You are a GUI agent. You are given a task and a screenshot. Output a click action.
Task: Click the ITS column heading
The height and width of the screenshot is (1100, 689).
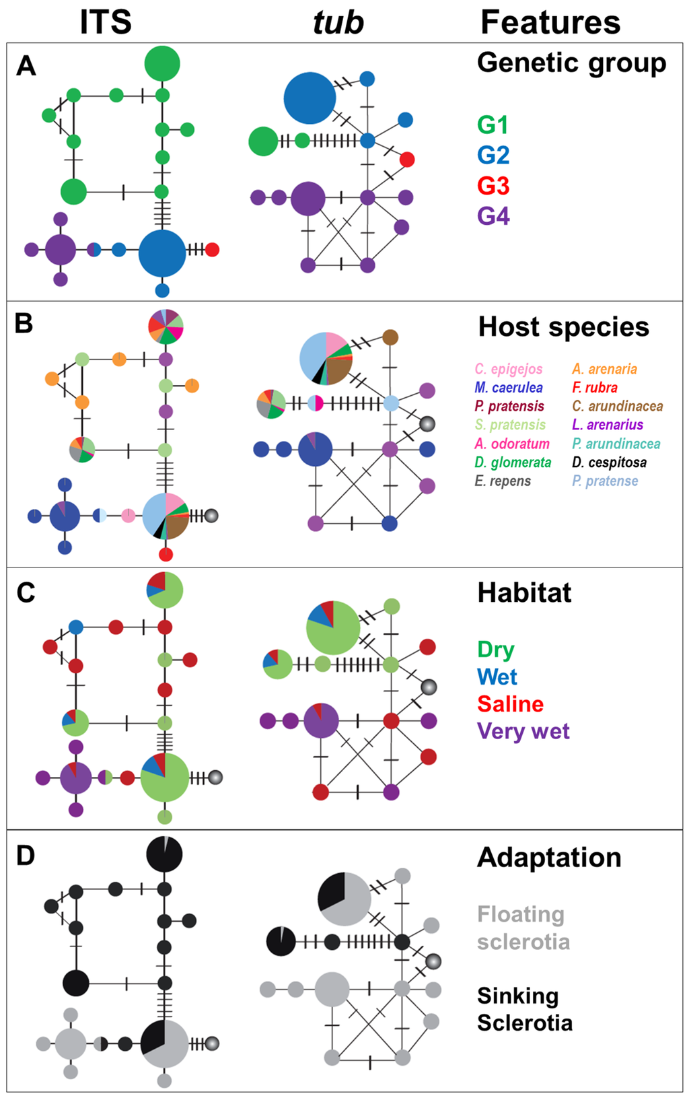106,22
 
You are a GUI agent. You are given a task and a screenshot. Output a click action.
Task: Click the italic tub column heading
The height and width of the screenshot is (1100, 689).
338,22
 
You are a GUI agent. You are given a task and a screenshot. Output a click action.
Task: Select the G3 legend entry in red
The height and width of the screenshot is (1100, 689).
493,185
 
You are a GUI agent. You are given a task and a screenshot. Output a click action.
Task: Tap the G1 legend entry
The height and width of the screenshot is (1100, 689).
493,125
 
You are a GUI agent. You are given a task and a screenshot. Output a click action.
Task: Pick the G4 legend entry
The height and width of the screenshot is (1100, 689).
493,215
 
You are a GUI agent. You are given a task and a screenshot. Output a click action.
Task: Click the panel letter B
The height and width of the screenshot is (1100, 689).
24,324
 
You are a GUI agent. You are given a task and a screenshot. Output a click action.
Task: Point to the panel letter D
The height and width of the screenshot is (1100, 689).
25,856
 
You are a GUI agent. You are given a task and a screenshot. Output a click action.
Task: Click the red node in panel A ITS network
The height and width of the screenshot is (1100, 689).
212,250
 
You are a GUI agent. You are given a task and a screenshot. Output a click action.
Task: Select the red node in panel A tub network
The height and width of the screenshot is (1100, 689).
407,160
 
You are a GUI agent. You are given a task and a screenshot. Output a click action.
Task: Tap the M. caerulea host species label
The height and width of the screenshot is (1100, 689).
509,388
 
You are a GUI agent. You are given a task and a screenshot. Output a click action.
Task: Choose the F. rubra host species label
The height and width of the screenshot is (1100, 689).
595,388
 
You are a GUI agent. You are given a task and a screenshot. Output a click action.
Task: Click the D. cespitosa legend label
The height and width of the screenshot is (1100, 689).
610,462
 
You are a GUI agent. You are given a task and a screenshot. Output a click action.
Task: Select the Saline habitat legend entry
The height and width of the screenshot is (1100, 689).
510,704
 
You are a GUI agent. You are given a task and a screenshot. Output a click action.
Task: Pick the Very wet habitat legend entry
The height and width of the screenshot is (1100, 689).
523,731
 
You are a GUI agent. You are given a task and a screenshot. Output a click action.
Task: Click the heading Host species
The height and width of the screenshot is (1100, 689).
563,327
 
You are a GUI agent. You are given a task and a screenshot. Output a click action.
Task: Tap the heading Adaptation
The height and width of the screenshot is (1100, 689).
549,858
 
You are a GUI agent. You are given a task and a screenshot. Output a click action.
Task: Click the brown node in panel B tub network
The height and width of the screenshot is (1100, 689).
390,337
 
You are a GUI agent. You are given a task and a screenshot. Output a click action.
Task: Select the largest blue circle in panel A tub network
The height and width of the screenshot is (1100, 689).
310,99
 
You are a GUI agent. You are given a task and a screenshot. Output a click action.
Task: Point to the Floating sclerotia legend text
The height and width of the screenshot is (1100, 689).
523,928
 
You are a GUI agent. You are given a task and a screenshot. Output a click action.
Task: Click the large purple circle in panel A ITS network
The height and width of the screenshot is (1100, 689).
61,250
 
